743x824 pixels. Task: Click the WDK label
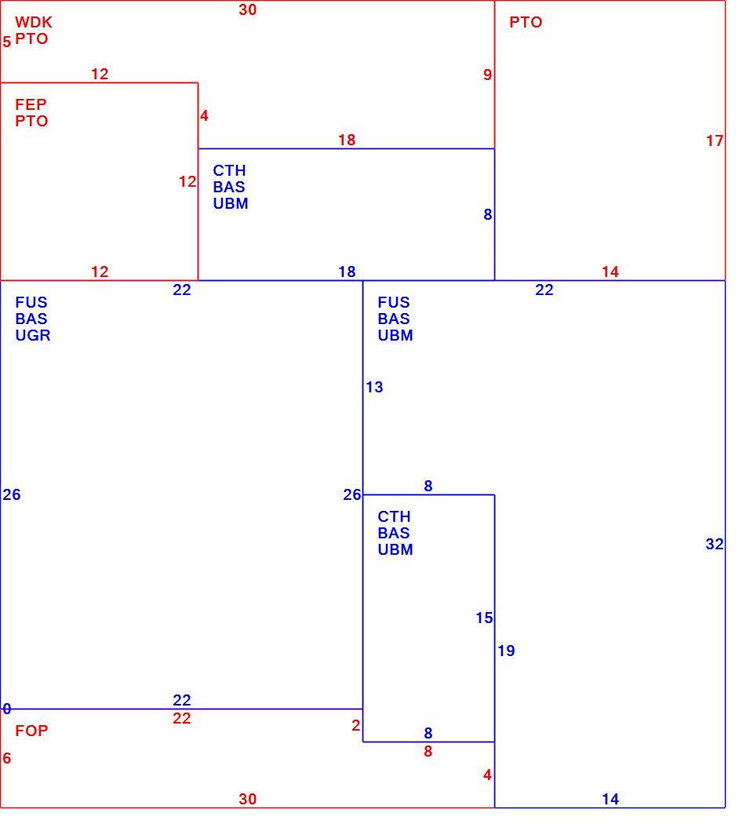point(34,22)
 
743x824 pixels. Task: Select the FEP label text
point(31,104)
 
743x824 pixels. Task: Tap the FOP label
point(31,731)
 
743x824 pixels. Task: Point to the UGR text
point(33,335)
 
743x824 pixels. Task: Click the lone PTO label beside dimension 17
point(526,22)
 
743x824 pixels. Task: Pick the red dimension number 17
point(715,140)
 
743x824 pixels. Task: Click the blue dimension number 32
point(715,544)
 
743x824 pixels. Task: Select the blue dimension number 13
point(375,388)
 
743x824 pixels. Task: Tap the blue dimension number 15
point(484,618)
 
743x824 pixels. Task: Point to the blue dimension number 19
point(507,651)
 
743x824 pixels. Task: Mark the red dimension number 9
point(488,75)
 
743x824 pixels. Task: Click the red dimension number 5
point(7,42)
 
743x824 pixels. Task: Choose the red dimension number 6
point(7,758)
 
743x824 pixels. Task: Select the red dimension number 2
point(356,725)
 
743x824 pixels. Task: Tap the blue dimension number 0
point(7,709)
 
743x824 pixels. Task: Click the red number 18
point(347,140)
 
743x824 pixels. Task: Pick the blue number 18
point(347,272)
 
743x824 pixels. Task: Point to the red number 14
point(610,272)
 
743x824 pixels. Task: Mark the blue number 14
point(610,800)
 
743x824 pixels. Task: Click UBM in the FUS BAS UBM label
point(395,335)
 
